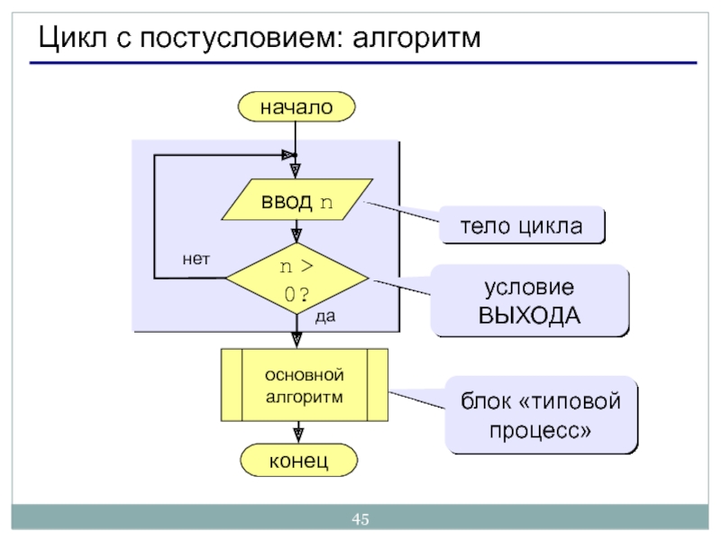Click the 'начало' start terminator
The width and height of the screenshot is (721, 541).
coord(297,107)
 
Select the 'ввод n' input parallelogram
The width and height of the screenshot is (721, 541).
coord(297,200)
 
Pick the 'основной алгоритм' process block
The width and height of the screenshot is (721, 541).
coord(305,385)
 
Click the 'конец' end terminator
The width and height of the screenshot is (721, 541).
coord(297,461)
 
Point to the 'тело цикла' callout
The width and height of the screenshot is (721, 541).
coord(522,225)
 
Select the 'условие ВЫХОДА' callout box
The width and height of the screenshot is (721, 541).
coord(529,301)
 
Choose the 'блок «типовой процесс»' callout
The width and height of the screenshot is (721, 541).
coord(542,415)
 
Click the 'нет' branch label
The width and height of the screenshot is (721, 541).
coord(196,259)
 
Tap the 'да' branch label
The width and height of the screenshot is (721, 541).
coord(325,317)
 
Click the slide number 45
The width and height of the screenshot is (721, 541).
coord(360,519)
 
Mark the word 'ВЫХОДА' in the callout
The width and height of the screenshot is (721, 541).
coord(529,316)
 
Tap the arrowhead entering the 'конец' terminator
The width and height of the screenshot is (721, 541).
coord(297,436)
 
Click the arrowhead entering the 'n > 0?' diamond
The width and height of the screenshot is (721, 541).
coord(297,237)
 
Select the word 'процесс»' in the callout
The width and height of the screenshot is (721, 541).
coord(542,430)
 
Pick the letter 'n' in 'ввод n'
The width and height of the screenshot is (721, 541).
coord(326,201)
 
